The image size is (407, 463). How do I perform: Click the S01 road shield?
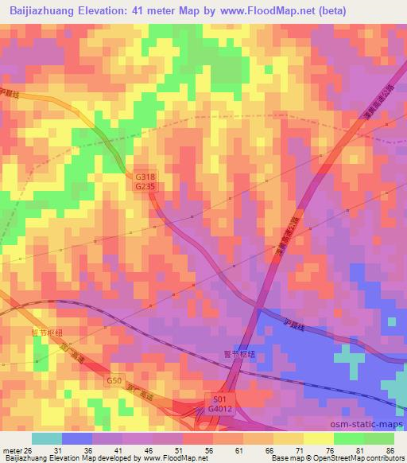(219, 398)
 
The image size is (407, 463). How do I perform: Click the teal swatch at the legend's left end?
(47, 438)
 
